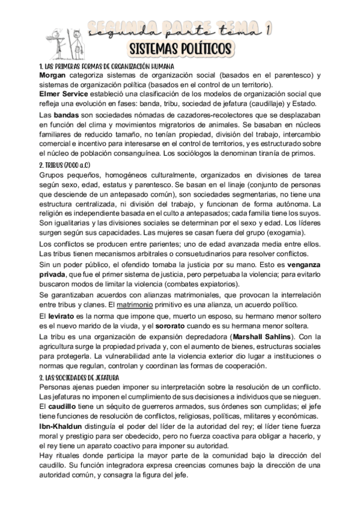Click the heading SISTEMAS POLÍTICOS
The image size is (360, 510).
coord(180,48)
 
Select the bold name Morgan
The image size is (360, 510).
coord(53,75)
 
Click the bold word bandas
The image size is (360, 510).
coord(66,114)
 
